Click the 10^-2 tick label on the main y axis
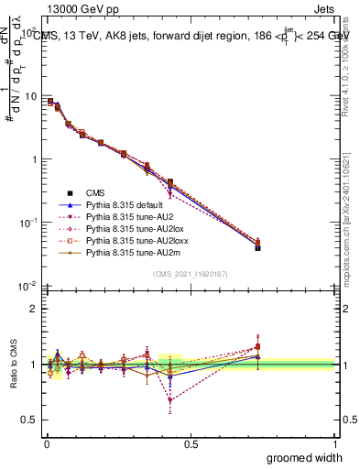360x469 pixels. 27,286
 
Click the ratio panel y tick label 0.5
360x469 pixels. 31,420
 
